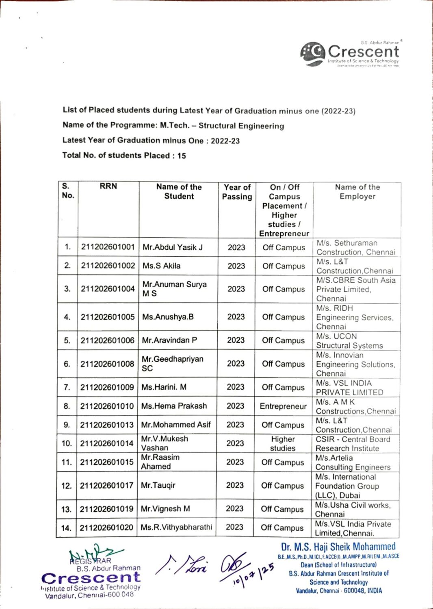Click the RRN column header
(108, 186)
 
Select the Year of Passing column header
(237, 192)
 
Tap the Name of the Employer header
(357, 191)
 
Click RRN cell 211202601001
(108, 247)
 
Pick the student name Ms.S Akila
(161, 266)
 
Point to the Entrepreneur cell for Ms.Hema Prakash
(283, 406)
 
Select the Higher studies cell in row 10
(283, 444)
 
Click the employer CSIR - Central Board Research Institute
(353, 444)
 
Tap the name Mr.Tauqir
(158, 485)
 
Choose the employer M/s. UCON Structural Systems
(349, 341)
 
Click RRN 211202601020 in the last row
(106, 527)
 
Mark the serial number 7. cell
(67, 387)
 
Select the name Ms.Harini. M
(164, 387)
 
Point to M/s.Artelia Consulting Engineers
(353, 462)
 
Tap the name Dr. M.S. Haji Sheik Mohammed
(338, 547)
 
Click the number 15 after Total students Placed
(182, 156)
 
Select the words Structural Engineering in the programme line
(241, 126)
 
